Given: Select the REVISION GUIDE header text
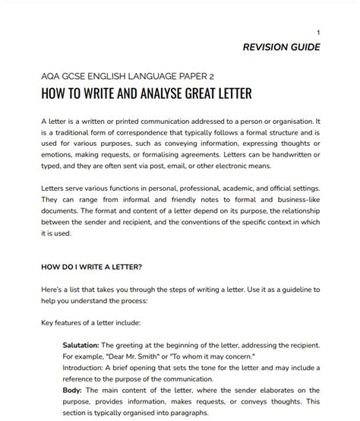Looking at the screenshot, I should coord(281,47).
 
